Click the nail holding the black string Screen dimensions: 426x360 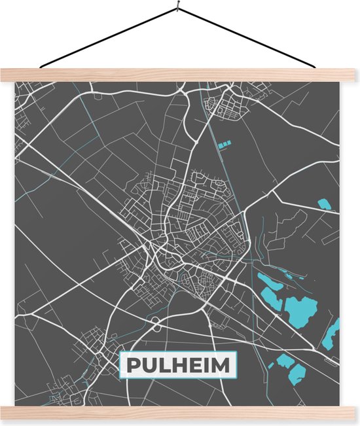[178, 7]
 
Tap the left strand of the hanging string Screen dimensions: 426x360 [108, 38]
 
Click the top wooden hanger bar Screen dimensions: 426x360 [180, 75]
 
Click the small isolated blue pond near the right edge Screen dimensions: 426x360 [323, 204]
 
